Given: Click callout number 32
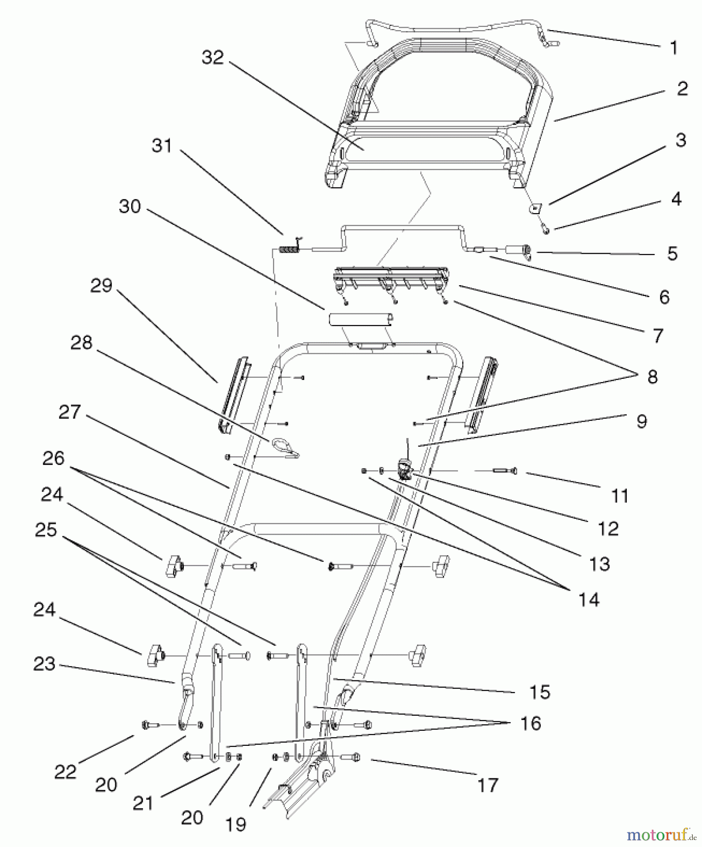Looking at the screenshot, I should pyautogui.click(x=213, y=57).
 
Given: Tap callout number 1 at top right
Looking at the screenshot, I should pyautogui.click(x=673, y=48).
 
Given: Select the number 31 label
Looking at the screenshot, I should pyautogui.click(x=162, y=145).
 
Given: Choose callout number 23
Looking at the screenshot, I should pyautogui.click(x=44, y=663).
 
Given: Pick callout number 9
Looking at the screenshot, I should pyautogui.click(x=641, y=421).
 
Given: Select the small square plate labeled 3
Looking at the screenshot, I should pyautogui.click(x=535, y=208).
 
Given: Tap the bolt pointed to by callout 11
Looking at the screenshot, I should pyautogui.click(x=505, y=471).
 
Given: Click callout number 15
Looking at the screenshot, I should pyautogui.click(x=539, y=692).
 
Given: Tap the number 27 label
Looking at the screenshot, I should pyautogui.click(x=70, y=412).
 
